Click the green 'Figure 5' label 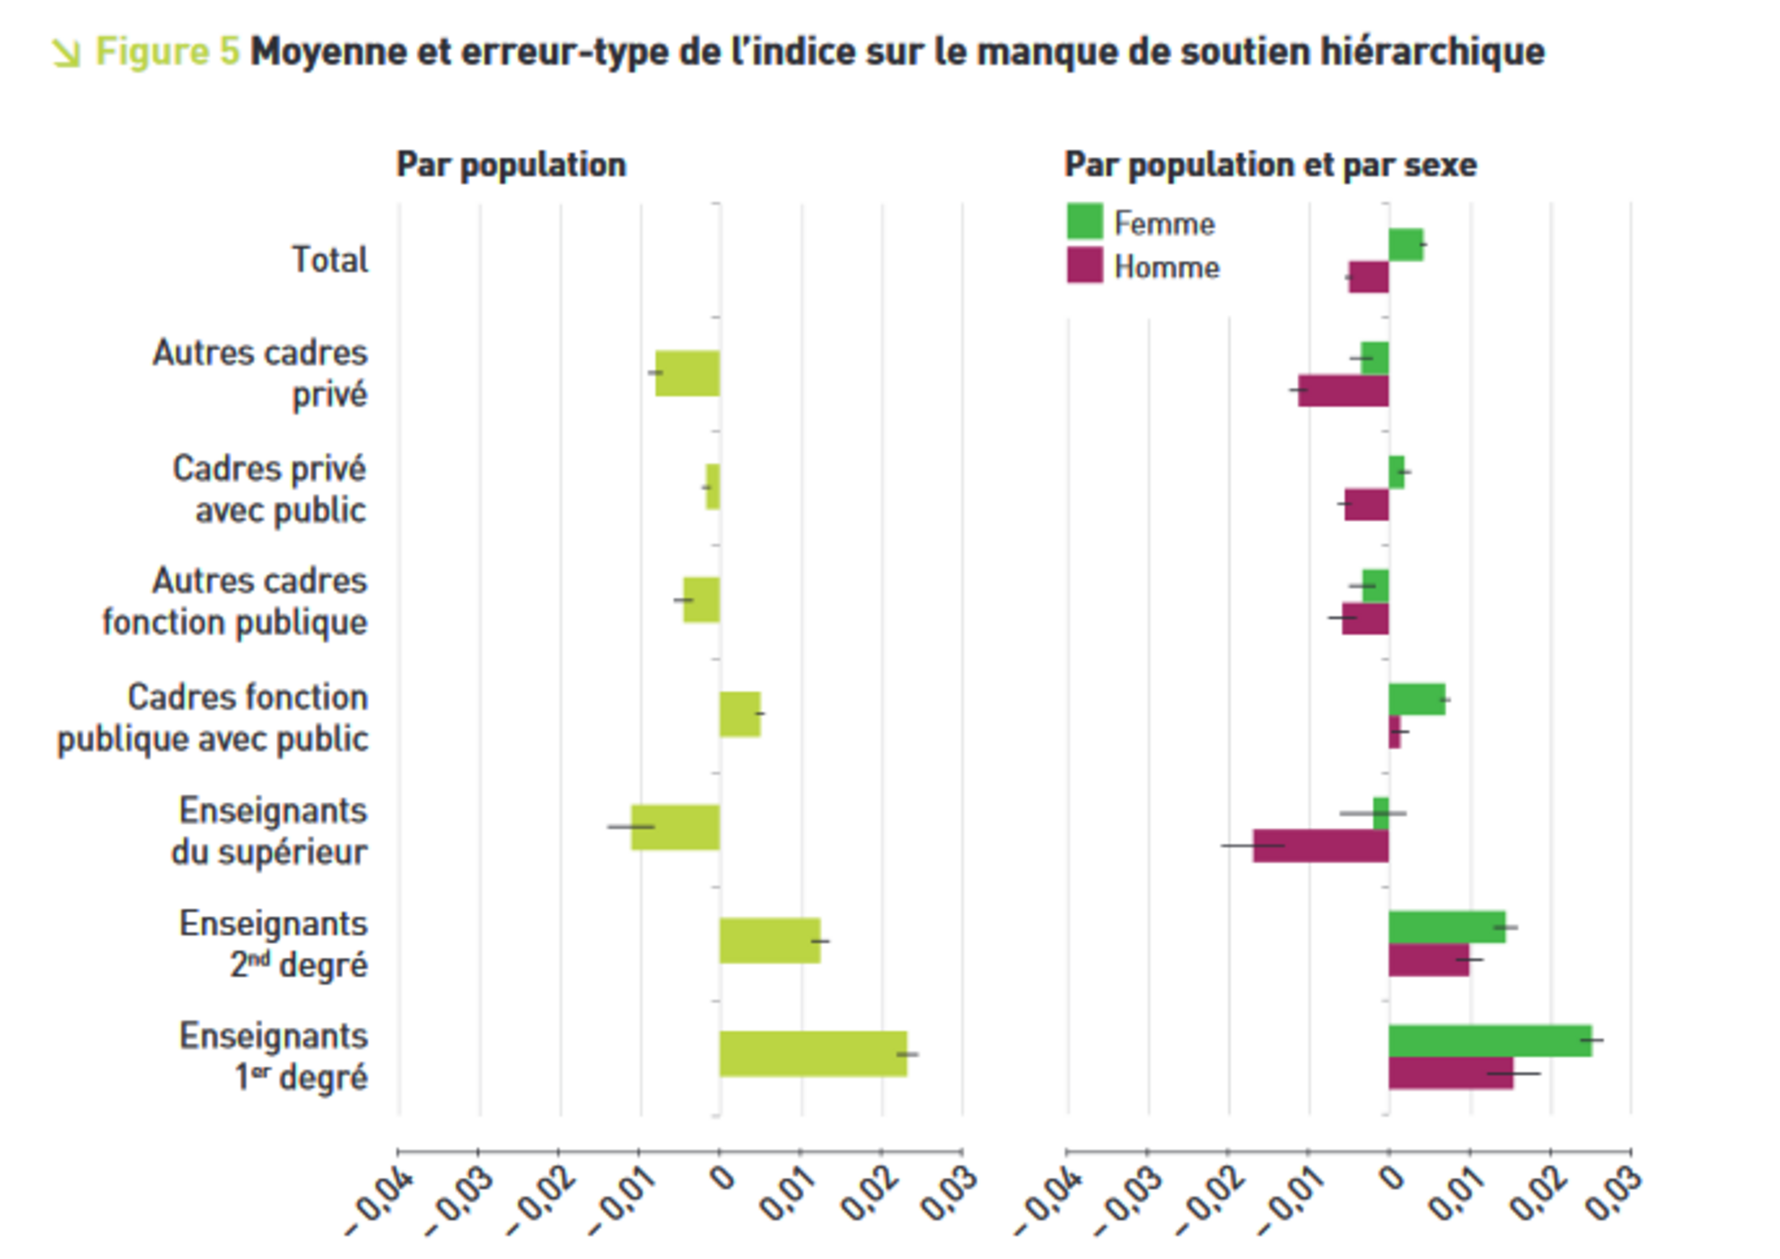167,52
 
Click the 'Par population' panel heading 511,165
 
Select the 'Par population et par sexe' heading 1269,165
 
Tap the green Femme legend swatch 1084,222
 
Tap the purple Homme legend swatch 1084,266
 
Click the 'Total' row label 329,261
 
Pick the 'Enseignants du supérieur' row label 272,831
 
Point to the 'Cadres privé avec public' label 269,490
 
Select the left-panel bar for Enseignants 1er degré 813,1053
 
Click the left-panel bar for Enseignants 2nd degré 769,940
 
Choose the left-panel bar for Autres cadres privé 687,373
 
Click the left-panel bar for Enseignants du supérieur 675,827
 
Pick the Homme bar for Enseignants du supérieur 1320,846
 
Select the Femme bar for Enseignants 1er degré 1490,1041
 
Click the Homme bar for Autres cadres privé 1343,390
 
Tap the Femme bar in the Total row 1405,245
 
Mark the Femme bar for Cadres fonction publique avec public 1417,700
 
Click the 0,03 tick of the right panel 1614,1193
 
